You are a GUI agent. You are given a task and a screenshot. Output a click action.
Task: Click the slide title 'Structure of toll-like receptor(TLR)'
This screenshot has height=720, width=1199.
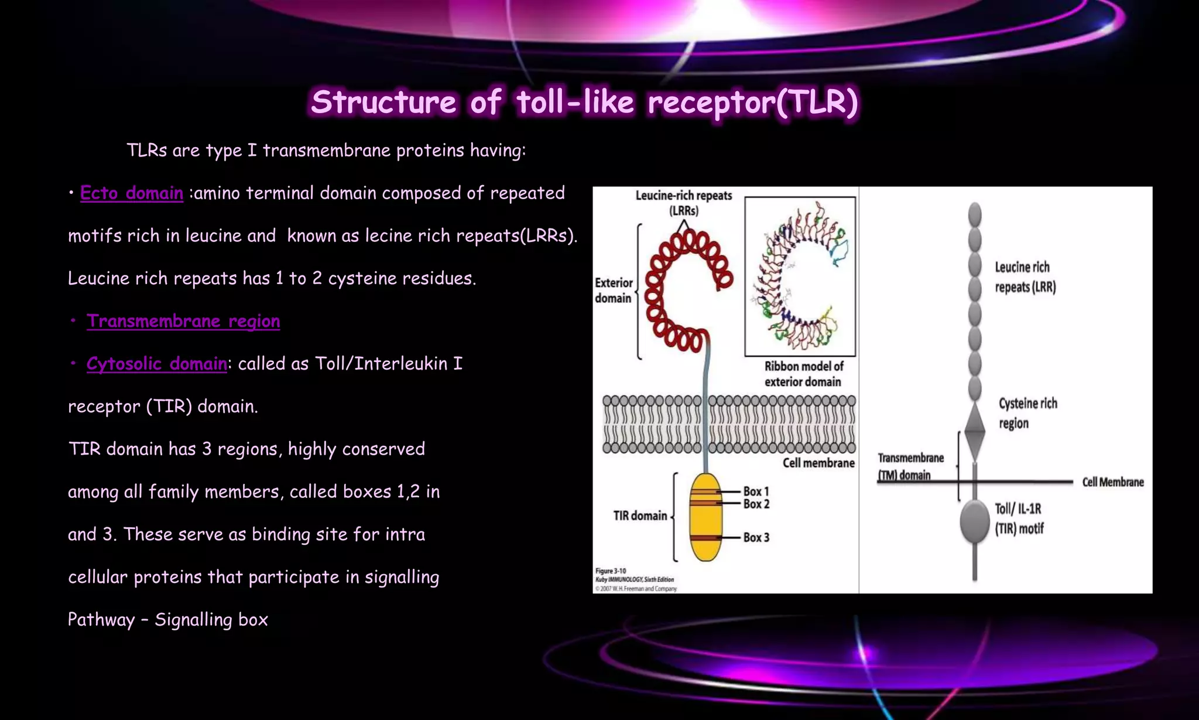(x=584, y=102)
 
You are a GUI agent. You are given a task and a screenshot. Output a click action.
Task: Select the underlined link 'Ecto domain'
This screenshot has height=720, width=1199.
(x=132, y=193)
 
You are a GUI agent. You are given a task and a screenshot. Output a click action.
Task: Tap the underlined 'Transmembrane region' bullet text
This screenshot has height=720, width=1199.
(x=183, y=321)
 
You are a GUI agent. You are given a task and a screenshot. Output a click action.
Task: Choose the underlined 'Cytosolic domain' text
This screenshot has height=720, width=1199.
(x=156, y=364)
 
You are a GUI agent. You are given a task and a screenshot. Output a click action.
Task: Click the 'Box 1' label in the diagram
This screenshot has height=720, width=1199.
(x=756, y=492)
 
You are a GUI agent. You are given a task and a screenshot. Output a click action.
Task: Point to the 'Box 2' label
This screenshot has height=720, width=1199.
(x=756, y=504)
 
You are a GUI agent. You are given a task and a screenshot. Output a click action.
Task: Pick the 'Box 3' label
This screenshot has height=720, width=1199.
(x=756, y=537)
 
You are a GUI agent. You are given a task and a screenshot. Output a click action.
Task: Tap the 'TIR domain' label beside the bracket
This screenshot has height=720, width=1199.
(x=640, y=516)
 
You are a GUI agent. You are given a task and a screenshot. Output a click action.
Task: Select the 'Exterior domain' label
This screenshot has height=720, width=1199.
(x=614, y=291)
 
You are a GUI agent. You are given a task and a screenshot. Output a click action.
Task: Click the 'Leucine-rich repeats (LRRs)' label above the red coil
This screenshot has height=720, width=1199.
(x=684, y=203)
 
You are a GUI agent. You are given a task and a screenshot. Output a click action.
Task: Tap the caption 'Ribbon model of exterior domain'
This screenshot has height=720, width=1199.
(x=803, y=374)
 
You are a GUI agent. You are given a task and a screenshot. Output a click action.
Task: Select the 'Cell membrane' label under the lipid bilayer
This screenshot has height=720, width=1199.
(x=818, y=463)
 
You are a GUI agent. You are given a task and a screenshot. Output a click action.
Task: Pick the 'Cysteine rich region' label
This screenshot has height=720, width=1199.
(x=1027, y=413)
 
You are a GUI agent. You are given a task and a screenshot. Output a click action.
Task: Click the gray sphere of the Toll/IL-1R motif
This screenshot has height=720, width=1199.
(x=975, y=521)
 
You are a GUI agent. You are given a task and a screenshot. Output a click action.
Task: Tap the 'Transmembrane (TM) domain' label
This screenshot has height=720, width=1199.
(x=910, y=466)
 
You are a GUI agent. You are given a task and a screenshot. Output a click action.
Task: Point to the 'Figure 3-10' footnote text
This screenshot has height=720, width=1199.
(x=611, y=571)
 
